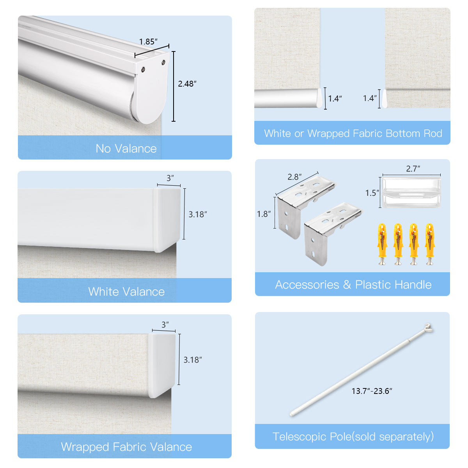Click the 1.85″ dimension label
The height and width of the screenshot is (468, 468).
(148, 42)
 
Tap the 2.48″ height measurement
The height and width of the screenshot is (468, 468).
(187, 84)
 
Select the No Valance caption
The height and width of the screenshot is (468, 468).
(126, 149)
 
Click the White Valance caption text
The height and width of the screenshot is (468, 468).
(126, 292)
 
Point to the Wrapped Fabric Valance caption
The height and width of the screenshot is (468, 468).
(126, 447)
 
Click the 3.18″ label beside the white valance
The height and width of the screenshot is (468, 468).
(198, 214)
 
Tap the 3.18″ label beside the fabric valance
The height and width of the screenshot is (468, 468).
(193, 360)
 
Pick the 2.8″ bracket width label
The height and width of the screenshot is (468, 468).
(294, 177)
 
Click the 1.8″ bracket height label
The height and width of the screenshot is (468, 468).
(264, 214)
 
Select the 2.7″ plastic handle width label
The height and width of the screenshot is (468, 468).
(413, 169)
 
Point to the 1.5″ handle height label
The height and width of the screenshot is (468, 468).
(372, 193)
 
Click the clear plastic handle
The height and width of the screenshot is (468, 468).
(411, 192)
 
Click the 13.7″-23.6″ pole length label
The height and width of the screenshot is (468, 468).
(372, 391)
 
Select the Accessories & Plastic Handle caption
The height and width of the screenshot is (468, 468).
(353, 285)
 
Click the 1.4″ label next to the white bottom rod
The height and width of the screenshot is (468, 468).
(335, 99)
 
